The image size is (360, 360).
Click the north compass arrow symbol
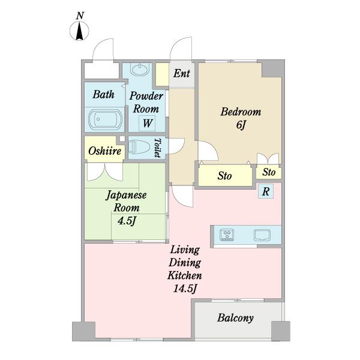pyautogui.click(x=79, y=31)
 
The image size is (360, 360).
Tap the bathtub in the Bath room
pyautogui.click(x=106, y=119)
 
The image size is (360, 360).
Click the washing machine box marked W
pyautogui.click(x=147, y=123)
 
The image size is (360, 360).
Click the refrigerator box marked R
pyautogui.click(x=266, y=191)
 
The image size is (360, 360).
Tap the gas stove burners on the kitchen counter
pyautogui.click(x=227, y=235)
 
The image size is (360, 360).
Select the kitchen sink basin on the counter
pyautogui.click(x=262, y=235)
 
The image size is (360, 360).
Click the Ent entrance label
pyautogui.click(x=182, y=73)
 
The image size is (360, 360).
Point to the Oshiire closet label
pyautogui.click(x=104, y=151)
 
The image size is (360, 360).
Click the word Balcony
pyautogui.click(x=235, y=318)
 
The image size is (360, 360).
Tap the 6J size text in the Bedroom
pyautogui.click(x=241, y=125)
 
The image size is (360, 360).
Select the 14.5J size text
pyautogui.click(x=185, y=289)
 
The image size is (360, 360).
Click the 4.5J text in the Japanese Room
pyautogui.click(x=127, y=221)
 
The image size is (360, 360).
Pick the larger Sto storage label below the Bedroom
pyautogui.click(x=224, y=176)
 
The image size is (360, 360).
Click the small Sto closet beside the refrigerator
pyautogui.click(x=269, y=172)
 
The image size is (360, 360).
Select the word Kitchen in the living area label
pyautogui.click(x=185, y=275)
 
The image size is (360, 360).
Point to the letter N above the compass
pyautogui.click(x=80, y=16)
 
